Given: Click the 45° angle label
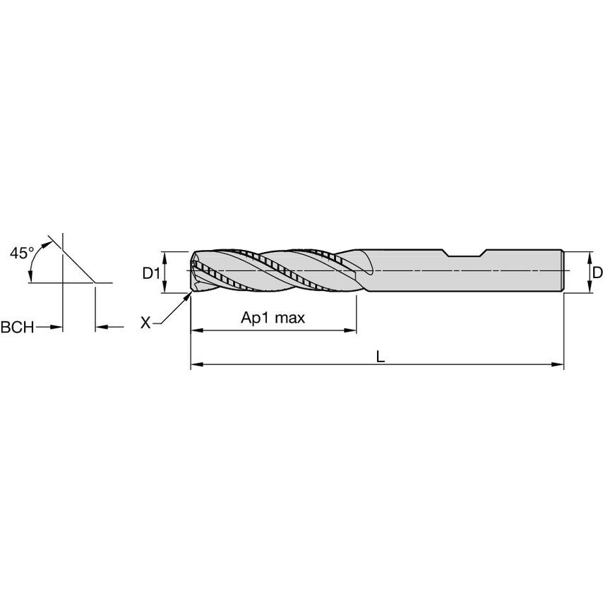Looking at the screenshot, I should point(22,252).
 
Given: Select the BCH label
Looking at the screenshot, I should point(16,327).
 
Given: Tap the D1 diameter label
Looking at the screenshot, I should point(151,272).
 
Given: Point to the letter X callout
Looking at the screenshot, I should point(145,323).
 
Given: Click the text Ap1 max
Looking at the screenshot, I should point(273,318).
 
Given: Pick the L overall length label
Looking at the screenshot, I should point(380,357).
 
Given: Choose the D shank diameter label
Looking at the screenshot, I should point(597,272).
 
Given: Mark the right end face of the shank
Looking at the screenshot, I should point(563,271).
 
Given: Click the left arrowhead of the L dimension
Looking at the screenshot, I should point(196,365).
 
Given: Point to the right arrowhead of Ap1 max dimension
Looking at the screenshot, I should point(350,330).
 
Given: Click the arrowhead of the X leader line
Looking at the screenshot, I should point(189,297).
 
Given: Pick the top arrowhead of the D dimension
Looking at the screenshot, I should point(590,255).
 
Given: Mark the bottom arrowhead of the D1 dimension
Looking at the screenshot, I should point(164,287).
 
